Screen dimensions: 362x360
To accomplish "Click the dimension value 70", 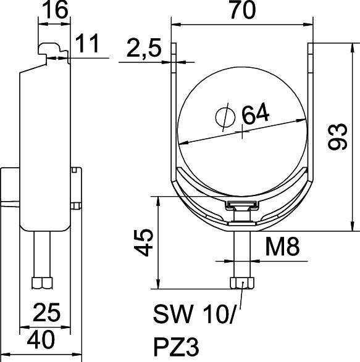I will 241,10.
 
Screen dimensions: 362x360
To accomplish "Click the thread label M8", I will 282,249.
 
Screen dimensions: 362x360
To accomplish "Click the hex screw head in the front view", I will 241,283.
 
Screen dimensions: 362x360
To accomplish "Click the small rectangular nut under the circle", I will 241,207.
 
